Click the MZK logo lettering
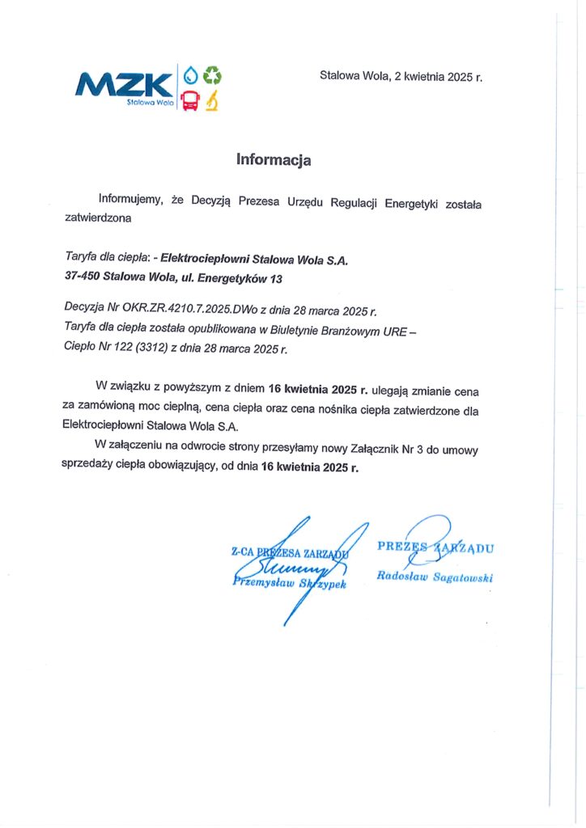tap(124, 83)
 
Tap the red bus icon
tap(190, 101)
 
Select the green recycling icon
tap(213, 76)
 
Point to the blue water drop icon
tap(191, 76)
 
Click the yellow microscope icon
tap(212, 101)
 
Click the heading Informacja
tap(274, 159)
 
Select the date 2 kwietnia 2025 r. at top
tap(438, 78)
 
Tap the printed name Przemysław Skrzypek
tap(289, 582)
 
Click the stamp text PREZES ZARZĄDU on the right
tap(435, 547)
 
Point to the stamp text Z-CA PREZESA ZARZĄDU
tap(289, 553)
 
